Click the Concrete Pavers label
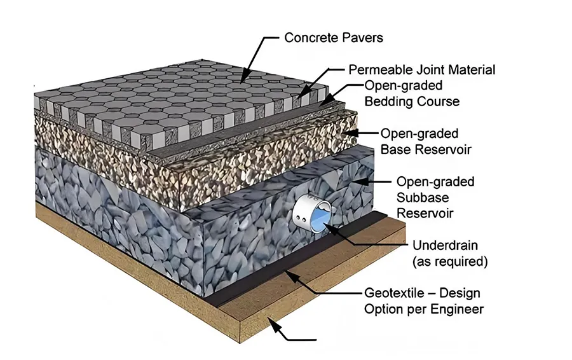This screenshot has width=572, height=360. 333,38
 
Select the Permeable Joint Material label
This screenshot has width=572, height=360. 421,69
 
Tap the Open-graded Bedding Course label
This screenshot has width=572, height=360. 411,93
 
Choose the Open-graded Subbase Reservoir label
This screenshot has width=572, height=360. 435,197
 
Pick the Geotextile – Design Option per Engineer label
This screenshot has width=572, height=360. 423,301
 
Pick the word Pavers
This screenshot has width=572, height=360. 362,38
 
